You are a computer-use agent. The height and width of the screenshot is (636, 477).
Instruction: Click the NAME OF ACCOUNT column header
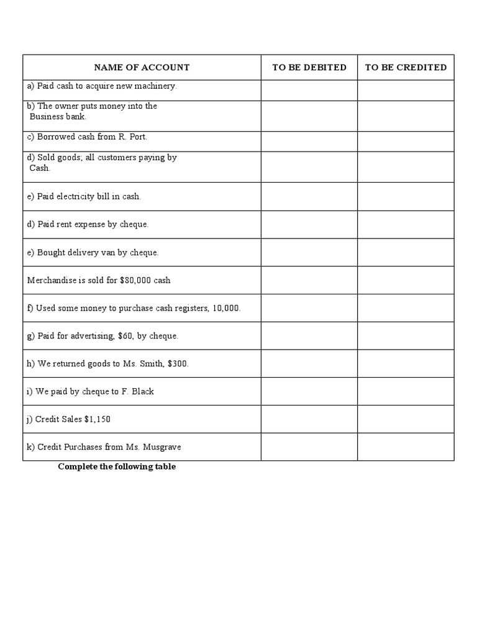tap(142, 67)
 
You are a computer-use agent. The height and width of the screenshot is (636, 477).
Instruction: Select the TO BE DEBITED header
tap(309, 67)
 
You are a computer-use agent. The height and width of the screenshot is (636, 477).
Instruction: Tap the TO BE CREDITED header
tap(406, 67)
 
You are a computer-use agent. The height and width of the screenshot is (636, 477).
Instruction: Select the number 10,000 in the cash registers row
tap(225, 308)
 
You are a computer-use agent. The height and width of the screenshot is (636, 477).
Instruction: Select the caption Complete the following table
tap(117, 467)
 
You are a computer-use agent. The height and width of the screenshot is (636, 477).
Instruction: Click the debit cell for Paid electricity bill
tap(309, 197)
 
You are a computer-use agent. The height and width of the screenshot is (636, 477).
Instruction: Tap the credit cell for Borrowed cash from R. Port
tap(406, 142)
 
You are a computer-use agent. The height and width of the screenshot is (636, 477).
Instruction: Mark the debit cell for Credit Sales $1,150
tap(309, 419)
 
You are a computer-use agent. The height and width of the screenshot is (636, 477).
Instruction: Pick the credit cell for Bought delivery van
tap(406, 252)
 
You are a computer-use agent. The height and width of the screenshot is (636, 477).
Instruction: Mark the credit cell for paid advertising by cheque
tap(406, 336)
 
